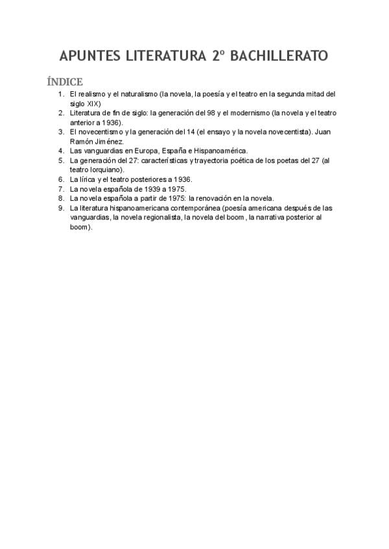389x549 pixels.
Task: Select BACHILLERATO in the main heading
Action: point(279,56)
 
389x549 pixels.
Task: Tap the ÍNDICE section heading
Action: point(64,82)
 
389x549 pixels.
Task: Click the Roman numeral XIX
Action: point(93,103)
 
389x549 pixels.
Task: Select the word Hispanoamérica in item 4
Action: point(214,151)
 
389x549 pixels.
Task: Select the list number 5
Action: point(61,160)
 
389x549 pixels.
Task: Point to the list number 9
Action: point(61,208)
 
